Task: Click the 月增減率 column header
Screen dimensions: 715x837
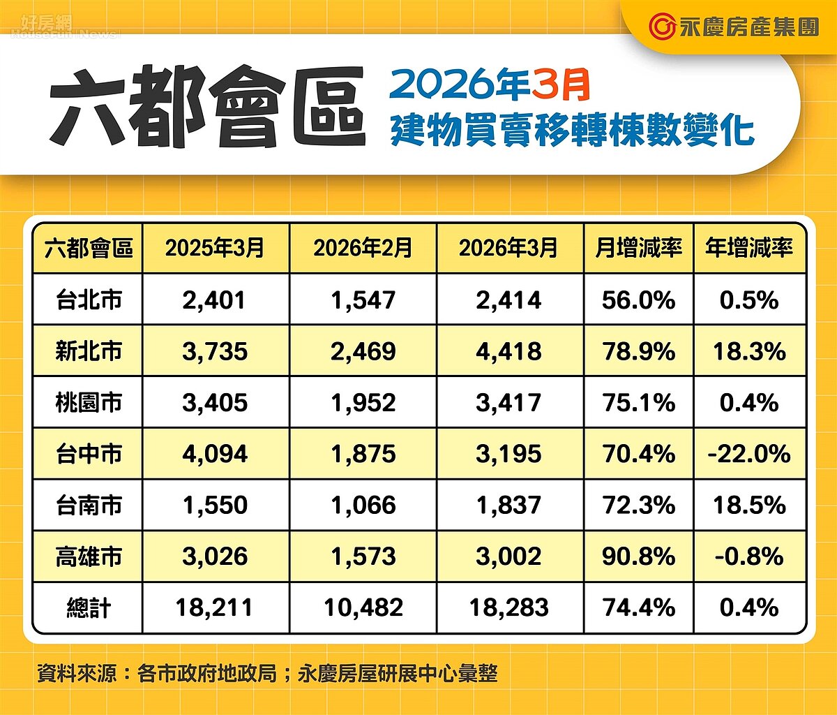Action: click(638, 248)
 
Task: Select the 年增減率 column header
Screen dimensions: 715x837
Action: click(749, 248)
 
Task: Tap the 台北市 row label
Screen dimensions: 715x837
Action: click(89, 300)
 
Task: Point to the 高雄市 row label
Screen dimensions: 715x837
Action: click(89, 556)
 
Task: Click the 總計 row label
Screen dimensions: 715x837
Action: click(89, 607)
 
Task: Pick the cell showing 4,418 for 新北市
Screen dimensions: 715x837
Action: click(508, 351)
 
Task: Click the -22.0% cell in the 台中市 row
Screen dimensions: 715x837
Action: click(749, 454)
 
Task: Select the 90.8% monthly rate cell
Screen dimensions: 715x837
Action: click(638, 556)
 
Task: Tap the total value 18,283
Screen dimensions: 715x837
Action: click(508, 607)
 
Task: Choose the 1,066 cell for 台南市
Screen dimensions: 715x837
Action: click(363, 506)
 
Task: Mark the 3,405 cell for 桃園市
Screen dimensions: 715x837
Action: click(215, 403)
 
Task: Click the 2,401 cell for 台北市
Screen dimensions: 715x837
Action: click(215, 300)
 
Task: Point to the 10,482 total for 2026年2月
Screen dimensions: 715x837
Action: click(363, 607)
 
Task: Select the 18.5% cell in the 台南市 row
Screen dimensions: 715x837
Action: click(749, 506)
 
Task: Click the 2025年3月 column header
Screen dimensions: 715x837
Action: click(215, 248)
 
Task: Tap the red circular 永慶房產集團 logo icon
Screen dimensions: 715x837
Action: click(661, 27)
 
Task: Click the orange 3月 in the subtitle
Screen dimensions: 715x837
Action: click(561, 85)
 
